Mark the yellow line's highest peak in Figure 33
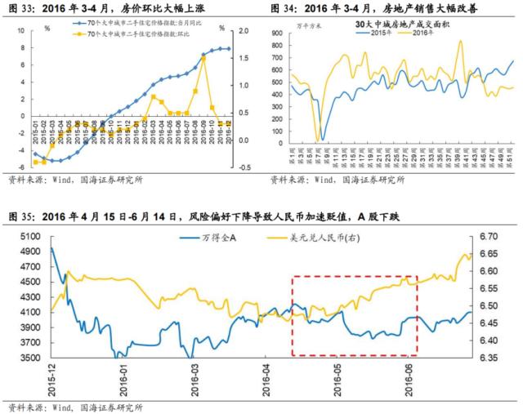pyautogui.click(x=201, y=58)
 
